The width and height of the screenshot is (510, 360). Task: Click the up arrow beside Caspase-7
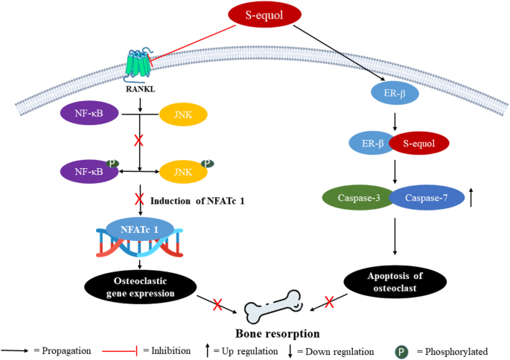472,199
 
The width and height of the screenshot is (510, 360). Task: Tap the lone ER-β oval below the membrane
395,94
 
